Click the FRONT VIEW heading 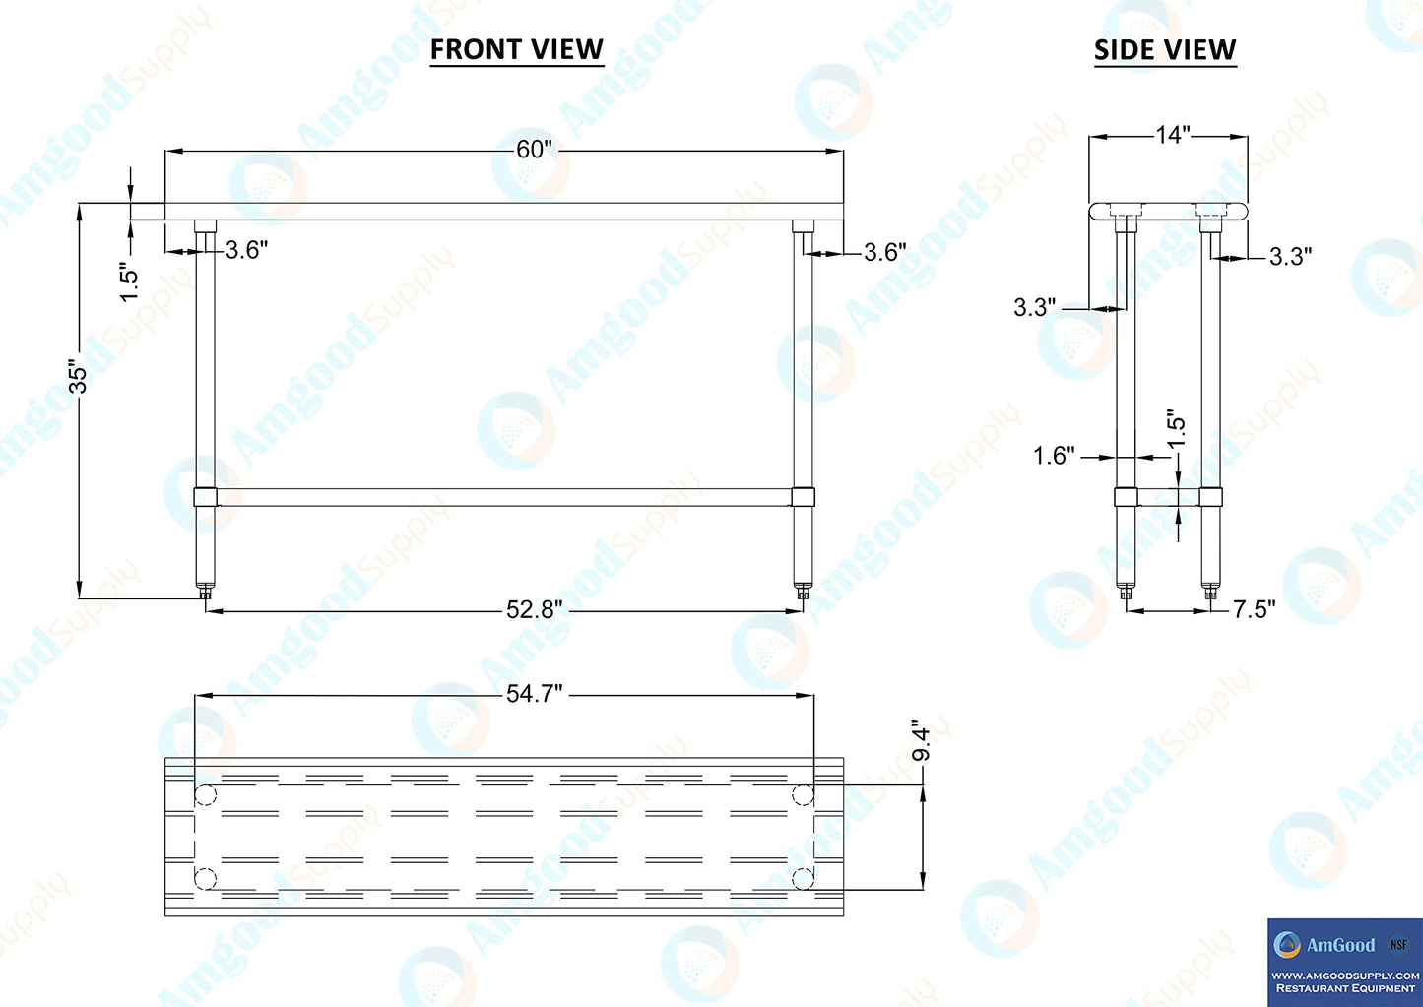pyautogui.click(x=516, y=49)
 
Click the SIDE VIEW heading pyautogui.click(x=1165, y=49)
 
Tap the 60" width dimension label pyautogui.click(x=535, y=150)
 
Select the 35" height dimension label pyautogui.click(x=78, y=378)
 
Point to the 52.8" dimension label pyautogui.click(x=535, y=610)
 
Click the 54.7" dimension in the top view pyautogui.click(x=535, y=694)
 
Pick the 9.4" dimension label pyautogui.click(x=921, y=740)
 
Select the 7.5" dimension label pyautogui.click(x=1255, y=609)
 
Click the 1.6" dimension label pyautogui.click(x=1054, y=455)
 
